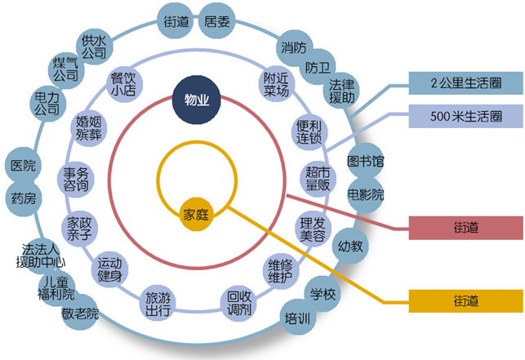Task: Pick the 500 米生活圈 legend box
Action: point(465,118)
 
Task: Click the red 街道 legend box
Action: point(465,227)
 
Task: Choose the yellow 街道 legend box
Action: point(465,301)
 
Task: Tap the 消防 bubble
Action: point(293,47)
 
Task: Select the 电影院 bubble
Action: point(365,195)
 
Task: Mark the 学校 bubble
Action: point(323,294)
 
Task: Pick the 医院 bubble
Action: point(23,166)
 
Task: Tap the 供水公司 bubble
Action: point(95,46)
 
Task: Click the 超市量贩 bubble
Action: point(318,178)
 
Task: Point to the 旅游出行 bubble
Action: point(158,303)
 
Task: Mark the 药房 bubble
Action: point(24,198)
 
